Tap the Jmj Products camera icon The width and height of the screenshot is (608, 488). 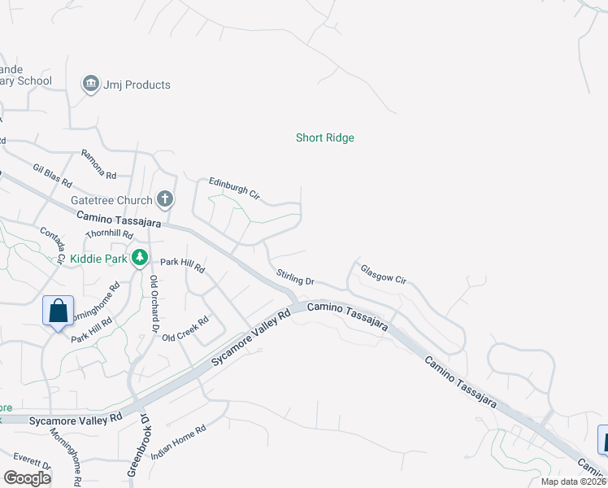(x=90, y=84)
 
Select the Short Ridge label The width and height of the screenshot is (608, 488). (x=324, y=138)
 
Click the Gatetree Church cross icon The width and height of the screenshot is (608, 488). (x=165, y=199)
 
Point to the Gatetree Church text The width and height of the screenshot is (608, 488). (x=111, y=200)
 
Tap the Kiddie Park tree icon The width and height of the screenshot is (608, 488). (x=140, y=258)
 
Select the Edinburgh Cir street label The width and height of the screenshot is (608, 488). (x=234, y=189)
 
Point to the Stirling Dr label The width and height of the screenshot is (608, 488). (x=295, y=277)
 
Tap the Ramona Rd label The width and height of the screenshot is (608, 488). (x=99, y=164)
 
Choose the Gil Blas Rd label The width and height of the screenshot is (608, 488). (x=53, y=173)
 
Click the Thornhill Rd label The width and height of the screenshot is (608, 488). (x=110, y=234)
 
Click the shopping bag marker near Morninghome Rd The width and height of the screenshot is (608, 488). (x=59, y=312)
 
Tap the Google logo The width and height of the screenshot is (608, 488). (x=27, y=477)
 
